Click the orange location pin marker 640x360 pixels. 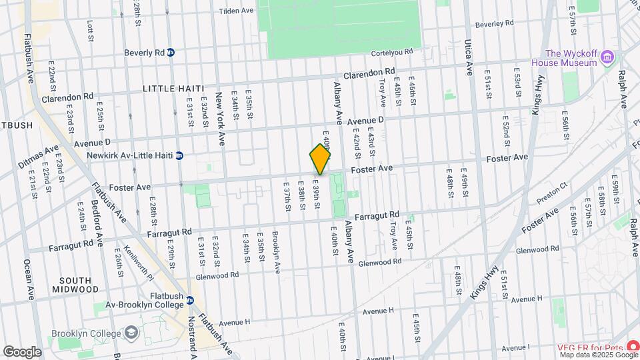coord(320,159)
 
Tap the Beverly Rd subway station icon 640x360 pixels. coord(171,53)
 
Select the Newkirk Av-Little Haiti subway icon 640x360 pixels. coord(179,156)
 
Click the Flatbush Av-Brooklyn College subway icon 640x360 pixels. coord(190,301)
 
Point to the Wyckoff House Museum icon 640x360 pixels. coord(607,57)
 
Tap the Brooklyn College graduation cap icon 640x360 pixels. coord(131,333)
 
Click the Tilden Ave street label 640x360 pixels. coord(237,11)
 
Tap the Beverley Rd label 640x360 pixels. coord(495,23)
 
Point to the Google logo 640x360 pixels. coord(22,351)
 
